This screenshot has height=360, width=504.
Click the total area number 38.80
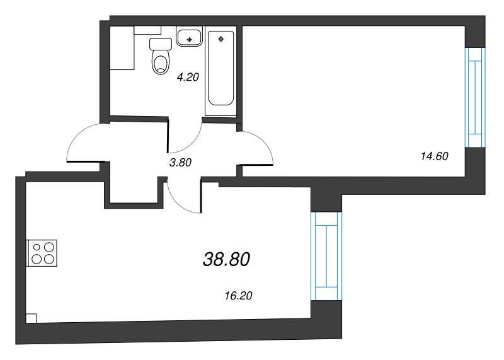coord(227,258)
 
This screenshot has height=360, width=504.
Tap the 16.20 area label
coord(238,294)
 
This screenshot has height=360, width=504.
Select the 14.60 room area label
coord(433,156)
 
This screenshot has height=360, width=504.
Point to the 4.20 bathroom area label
coord(188,78)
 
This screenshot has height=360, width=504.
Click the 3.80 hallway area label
coord(180,162)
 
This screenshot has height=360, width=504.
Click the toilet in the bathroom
coord(161,62)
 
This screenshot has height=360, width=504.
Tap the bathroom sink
coord(189,37)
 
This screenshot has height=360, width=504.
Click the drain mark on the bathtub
coord(220,39)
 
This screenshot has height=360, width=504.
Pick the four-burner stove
coord(42,253)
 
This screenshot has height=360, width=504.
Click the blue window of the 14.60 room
coord(474,98)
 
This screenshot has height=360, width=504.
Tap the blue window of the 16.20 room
coord(326,256)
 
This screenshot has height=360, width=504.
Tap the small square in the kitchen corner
coord(32,318)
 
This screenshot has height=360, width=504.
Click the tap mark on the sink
coord(189,39)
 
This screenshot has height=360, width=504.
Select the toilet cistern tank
coord(161,44)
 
